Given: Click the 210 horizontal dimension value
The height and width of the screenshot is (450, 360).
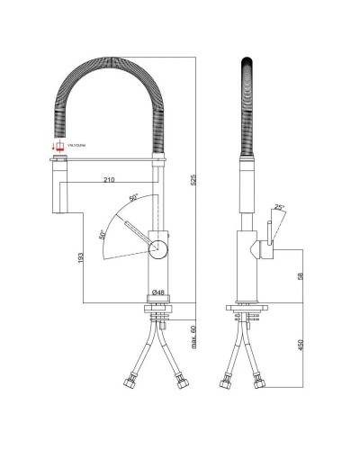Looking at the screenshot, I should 108,180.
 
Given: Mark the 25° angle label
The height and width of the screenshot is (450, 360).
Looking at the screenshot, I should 280,208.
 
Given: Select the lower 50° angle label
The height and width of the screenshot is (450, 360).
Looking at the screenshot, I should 103,234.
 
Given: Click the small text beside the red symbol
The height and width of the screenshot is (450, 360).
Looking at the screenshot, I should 76,144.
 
